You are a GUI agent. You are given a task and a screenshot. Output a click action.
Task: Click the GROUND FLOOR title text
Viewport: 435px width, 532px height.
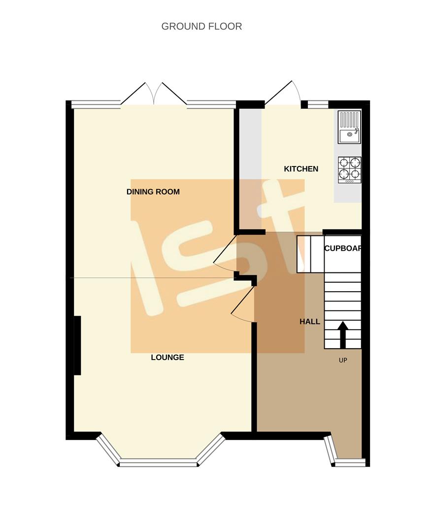point(201,26)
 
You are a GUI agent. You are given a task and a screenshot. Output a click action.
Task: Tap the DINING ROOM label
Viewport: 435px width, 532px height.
point(153,192)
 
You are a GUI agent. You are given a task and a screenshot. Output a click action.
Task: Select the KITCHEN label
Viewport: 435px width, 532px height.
point(301,169)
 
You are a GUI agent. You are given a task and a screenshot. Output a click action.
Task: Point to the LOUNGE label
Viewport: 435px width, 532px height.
point(167,357)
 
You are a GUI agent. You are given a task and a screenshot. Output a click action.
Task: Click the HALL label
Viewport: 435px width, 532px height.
point(310,322)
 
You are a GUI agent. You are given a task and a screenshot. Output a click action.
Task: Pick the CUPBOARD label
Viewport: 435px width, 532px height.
point(343,248)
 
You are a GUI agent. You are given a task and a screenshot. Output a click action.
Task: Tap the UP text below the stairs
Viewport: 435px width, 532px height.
point(343,360)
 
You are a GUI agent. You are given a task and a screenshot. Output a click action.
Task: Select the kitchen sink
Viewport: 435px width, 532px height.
point(349,127)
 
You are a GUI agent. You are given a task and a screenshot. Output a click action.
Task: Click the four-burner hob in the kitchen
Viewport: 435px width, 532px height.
point(349,169)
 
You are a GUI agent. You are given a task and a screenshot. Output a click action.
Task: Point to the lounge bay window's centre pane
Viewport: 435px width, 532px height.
point(159,462)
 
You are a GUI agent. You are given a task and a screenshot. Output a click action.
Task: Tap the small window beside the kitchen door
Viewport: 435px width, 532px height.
point(318,104)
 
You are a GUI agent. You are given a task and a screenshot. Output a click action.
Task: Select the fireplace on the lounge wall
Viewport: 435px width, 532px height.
point(77,345)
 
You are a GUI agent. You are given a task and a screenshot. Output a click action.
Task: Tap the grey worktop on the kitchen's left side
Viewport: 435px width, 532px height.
point(250,167)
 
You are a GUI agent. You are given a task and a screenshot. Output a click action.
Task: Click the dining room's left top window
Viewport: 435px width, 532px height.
point(96,104)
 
